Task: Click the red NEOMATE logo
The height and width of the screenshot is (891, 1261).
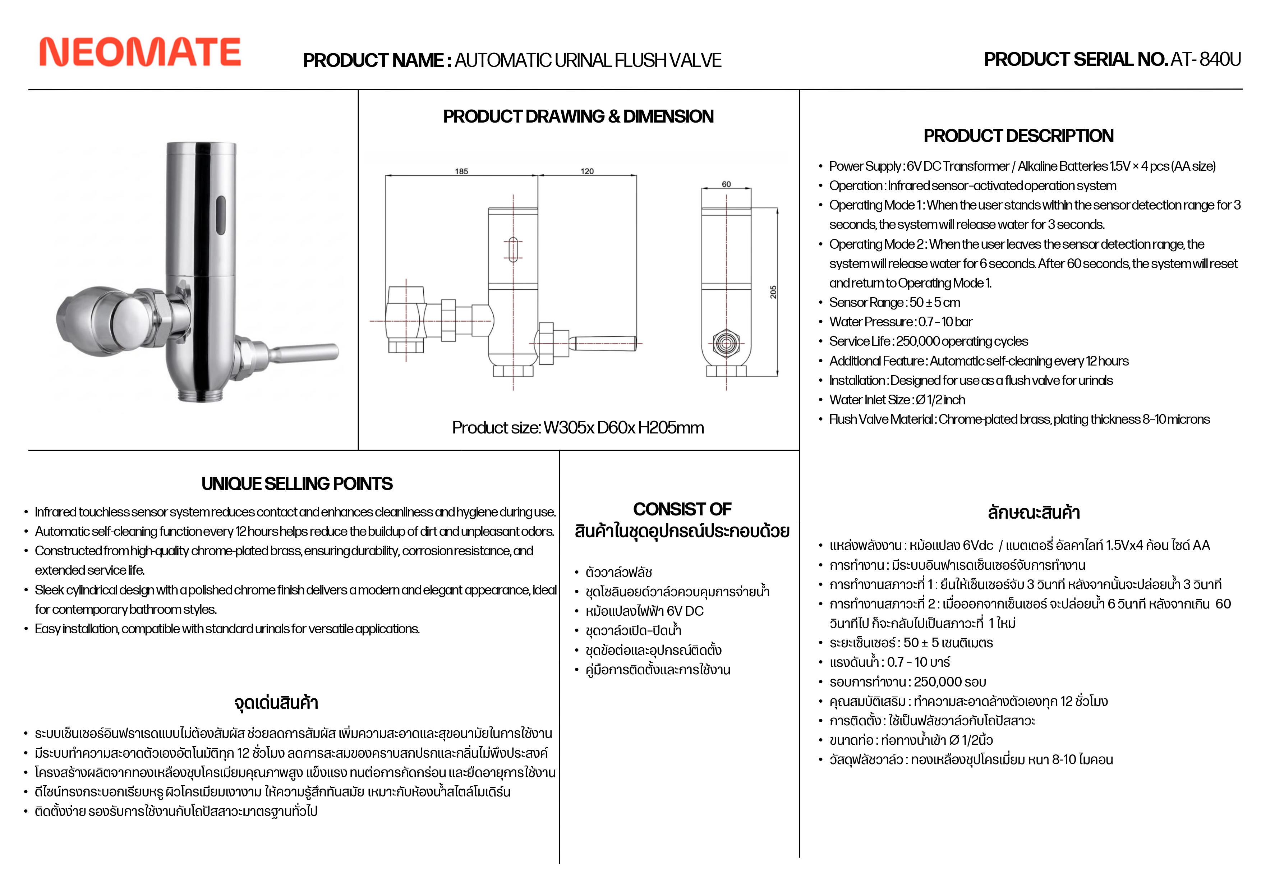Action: point(140,52)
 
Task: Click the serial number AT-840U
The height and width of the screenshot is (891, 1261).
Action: point(1206,59)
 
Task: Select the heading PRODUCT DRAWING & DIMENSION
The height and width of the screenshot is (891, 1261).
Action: point(578,116)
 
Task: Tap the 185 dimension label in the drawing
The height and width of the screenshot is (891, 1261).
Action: point(461,171)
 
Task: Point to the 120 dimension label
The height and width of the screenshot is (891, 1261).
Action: point(587,171)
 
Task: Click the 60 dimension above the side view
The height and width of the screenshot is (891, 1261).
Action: point(726,185)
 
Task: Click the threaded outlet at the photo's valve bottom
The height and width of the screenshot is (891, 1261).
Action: point(199,393)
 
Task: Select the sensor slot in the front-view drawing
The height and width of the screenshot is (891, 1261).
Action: point(513,249)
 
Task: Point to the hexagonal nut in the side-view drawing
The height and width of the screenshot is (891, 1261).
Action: point(726,343)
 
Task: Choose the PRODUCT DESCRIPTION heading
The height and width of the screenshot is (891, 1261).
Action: point(1018,136)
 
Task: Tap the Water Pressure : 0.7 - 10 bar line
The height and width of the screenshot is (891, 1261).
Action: point(901,322)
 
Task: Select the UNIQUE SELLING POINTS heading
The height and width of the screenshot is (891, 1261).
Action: point(296,483)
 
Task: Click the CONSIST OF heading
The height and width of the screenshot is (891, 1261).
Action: point(682,509)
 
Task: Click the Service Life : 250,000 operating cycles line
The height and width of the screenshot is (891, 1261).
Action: point(928,342)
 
